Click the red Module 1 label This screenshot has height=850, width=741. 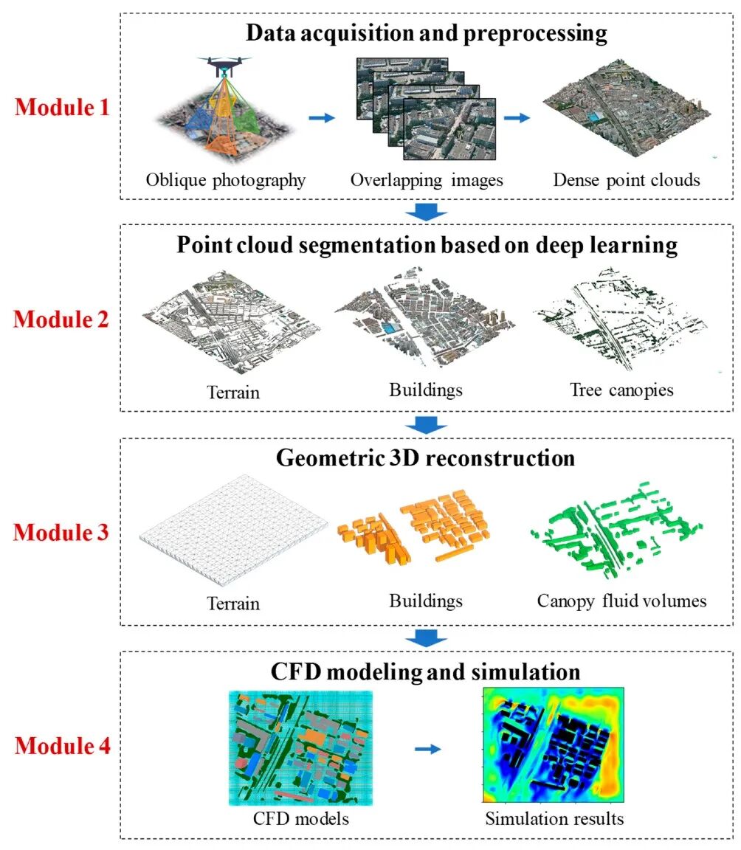tap(63, 108)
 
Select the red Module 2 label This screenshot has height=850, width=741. tap(63, 319)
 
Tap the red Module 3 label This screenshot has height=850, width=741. tap(63, 532)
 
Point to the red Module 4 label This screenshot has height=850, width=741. tap(63, 746)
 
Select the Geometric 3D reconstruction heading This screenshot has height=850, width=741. tap(426, 458)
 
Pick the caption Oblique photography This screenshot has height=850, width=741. tap(226, 180)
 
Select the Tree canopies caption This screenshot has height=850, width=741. tap(621, 390)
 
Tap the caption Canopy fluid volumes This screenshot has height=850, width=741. tap(621, 601)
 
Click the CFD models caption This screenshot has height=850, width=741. tap(300, 818)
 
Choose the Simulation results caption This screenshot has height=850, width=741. tap(554, 818)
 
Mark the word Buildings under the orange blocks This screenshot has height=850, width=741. tap(426, 601)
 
